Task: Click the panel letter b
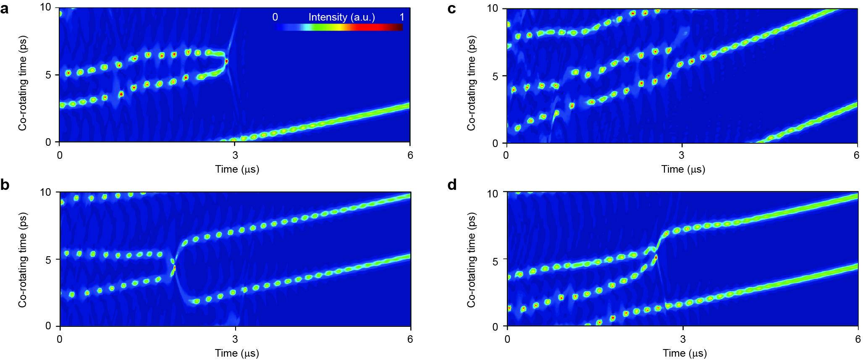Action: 5,185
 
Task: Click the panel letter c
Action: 452,9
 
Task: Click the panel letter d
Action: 452,185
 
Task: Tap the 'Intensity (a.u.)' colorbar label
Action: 341,17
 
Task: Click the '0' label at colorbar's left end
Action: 275,17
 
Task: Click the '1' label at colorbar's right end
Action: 402,17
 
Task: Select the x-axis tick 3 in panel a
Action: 235,155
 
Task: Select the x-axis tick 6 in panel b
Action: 410,339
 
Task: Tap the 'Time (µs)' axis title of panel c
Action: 683,169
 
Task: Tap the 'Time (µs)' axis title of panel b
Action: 237,353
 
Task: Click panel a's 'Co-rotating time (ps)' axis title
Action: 22,83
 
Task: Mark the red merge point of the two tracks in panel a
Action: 227,61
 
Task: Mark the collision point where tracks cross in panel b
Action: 174,267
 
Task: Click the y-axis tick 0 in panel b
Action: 48,326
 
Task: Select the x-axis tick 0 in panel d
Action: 507,339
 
